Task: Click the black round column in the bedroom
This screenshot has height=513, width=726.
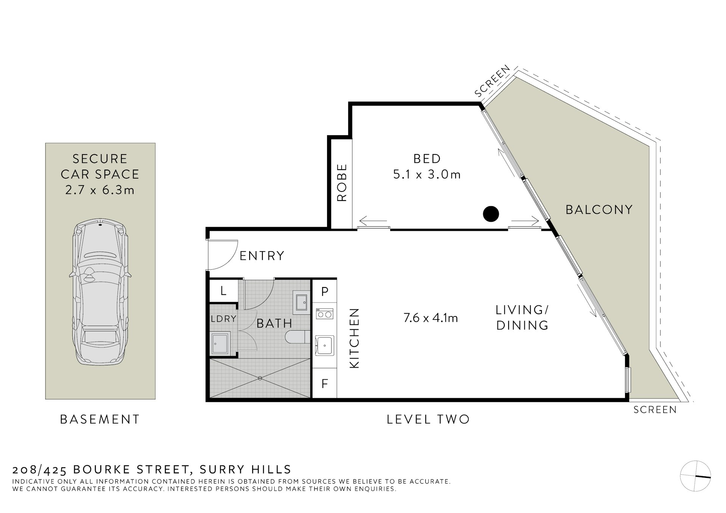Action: coord(491,214)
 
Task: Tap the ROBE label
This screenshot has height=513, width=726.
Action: coord(341,182)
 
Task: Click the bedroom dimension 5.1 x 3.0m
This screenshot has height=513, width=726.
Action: coord(427,175)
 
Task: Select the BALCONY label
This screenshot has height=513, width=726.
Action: coord(599,210)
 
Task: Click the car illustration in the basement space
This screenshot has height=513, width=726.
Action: coord(100,293)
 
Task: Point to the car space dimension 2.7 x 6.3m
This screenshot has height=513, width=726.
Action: coord(100,190)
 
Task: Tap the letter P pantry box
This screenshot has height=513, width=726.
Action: coord(324,291)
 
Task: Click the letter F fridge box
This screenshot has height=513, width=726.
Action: coord(324,384)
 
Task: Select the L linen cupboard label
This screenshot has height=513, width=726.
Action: coord(223,291)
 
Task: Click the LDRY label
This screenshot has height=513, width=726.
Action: coord(223,319)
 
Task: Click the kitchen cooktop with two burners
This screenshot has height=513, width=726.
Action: coord(324,314)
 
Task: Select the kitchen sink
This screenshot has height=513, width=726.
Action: coord(324,345)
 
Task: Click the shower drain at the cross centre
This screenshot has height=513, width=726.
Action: coord(260,378)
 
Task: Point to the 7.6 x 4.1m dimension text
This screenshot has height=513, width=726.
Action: coord(430,318)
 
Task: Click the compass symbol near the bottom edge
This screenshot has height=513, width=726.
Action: coord(695,476)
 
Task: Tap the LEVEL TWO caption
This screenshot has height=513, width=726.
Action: coord(428,419)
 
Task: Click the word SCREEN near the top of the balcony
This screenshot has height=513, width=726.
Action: coord(492,81)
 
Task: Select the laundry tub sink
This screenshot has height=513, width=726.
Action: coord(220,343)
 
